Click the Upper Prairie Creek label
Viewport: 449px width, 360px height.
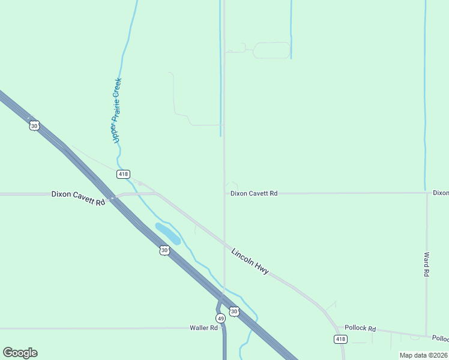(x=117, y=110)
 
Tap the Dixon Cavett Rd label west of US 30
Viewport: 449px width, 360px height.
(x=78, y=198)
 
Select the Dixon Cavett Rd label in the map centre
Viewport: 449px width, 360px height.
(x=254, y=194)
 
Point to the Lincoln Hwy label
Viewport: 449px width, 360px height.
(x=250, y=262)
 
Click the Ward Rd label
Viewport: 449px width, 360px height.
(x=426, y=264)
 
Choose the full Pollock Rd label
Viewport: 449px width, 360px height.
(x=360, y=329)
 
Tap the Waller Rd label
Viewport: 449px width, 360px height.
(x=203, y=328)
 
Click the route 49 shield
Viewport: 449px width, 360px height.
(x=221, y=318)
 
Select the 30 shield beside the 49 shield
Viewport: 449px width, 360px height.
(x=234, y=311)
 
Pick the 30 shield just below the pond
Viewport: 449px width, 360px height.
(x=164, y=250)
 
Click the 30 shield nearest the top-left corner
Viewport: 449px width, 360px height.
(x=34, y=125)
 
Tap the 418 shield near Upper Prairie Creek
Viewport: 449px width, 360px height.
(x=123, y=174)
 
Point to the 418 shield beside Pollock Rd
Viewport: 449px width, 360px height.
(x=340, y=340)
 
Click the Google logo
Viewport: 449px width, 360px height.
(x=20, y=353)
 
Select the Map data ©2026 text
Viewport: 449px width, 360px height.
(x=424, y=355)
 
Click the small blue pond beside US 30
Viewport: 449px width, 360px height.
(x=167, y=233)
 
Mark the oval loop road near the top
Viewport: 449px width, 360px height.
(x=271, y=50)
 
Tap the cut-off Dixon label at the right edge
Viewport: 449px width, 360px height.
(x=441, y=193)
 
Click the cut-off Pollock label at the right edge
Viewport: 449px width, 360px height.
(x=441, y=339)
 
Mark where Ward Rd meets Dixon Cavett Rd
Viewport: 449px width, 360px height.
(x=427, y=193)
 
